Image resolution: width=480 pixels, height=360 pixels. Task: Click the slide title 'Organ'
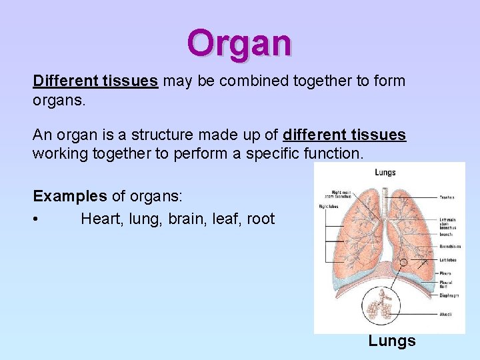(239, 43)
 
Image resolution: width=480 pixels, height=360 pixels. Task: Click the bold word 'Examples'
(70, 197)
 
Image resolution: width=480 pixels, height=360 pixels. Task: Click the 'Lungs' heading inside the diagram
(385, 173)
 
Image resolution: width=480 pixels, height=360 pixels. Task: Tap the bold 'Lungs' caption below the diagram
(392, 341)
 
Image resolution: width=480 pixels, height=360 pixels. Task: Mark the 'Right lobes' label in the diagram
(329, 207)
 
